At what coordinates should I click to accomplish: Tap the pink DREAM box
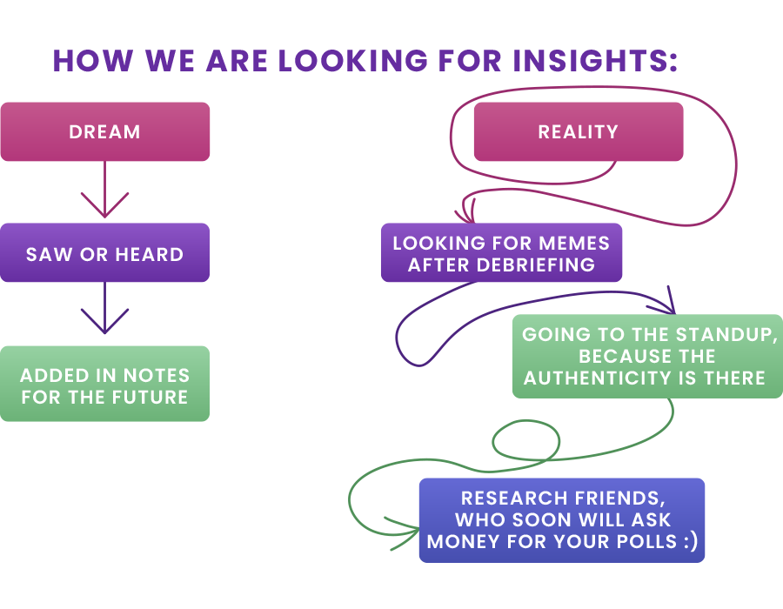pyautogui.click(x=104, y=132)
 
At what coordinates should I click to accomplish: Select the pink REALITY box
pyautogui.click(x=578, y=132)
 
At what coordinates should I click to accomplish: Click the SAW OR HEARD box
pyautogui.click(x=104, y=254)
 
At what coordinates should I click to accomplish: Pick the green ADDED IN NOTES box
pyautogui.click(x=104, y=385)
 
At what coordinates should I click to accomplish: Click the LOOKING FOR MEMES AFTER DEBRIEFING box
pyautogui.click(x=501, y=253)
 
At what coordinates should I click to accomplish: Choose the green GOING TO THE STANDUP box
pyautogui.click(x=647, y=357)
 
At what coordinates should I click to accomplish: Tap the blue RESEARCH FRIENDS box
pyautogui.click(x=562, y=520)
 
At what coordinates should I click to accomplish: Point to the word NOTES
pyautogui.click(x=157, y=376)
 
